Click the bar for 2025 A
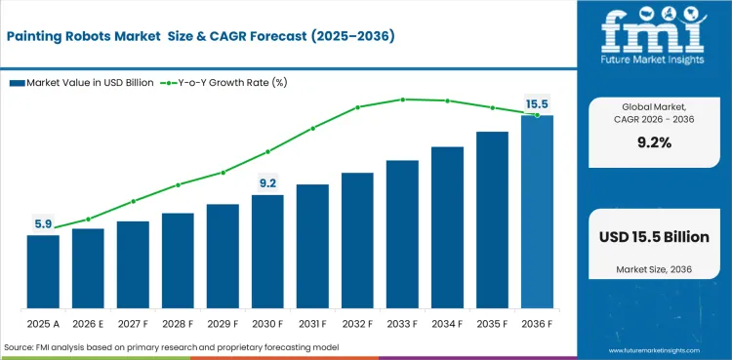point(43,271)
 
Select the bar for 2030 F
point(267,251)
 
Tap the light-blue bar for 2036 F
point(537,212)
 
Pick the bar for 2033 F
point(402,234)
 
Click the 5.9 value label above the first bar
point(43,224)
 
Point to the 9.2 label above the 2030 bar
point(267,183)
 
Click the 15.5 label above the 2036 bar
point(537,104)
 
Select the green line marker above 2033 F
point(402,100)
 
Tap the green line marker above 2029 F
point(224,173)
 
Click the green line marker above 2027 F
point(134,201)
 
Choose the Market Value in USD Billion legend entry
point(82,83)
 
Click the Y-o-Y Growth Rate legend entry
point(224,83)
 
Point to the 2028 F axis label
point(178,324)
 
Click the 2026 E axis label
point(88,324)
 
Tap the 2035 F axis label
point(492,324)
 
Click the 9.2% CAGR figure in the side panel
point(654,143)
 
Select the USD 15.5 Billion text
point(654,237)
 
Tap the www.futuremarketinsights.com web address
point(654,350)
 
